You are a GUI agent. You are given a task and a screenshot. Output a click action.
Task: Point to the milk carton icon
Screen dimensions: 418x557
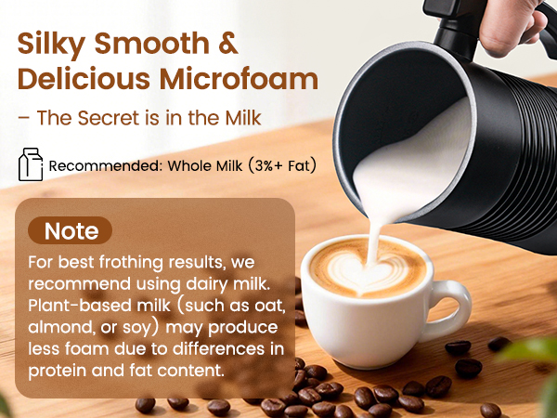point(31,164)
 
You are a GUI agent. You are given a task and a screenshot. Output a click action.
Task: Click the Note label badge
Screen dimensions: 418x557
point(71,229)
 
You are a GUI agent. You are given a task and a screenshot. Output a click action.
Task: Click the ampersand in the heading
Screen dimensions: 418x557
point(228,45)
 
